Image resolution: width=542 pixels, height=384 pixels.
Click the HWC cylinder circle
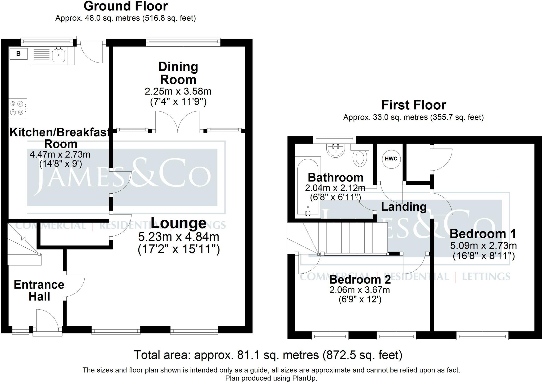click(391, 159)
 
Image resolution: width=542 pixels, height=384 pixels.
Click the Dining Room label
click(178, 73)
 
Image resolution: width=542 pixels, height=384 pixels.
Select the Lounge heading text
click(179, 223)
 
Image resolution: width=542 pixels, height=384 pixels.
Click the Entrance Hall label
click(39, 291)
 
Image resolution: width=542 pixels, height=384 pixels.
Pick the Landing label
click(404, 207)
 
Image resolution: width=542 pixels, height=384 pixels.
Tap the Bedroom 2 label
click(360, 280)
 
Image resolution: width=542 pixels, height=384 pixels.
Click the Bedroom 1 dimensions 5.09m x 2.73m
click(484, 246)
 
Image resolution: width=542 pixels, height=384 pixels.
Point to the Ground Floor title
click(126, 6)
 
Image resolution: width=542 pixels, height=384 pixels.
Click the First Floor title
click(414, 105)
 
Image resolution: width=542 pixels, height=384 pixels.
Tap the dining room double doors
click(178, 122)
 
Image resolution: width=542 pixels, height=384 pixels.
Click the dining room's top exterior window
click(183, 41)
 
